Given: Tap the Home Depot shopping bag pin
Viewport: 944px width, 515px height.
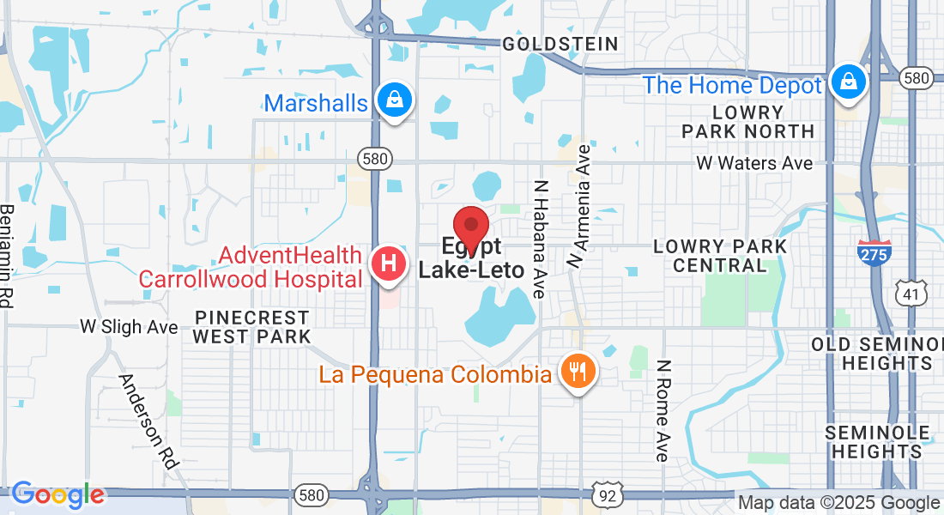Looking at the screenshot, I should (x=848, y=82).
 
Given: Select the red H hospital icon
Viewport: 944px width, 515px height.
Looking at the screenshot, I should (x=388, y=264).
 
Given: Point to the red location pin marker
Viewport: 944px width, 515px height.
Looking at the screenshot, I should (x=470, y=227).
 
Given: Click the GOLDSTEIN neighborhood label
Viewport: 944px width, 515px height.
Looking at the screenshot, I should (x=560, y=44).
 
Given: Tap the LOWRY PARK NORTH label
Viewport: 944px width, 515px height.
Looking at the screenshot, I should (x=747, y=122).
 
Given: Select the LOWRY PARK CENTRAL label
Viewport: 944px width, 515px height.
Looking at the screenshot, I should (x=720, y=256).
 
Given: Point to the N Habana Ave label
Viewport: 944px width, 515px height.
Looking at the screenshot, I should (x=540, y=238).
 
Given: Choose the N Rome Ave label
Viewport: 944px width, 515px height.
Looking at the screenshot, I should (x=662, y=410).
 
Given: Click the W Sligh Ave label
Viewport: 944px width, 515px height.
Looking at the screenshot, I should (x=129, y=326).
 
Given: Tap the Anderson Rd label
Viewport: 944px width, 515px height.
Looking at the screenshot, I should (x=148, y=421).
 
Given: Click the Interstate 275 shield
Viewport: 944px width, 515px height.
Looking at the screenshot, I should (x=874, y=252).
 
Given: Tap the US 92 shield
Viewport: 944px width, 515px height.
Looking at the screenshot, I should (x=608, y=495).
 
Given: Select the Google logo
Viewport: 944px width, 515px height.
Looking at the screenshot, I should (x=57, y=494).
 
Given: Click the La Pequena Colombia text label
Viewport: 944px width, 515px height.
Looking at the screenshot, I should (x=435, y=374).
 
